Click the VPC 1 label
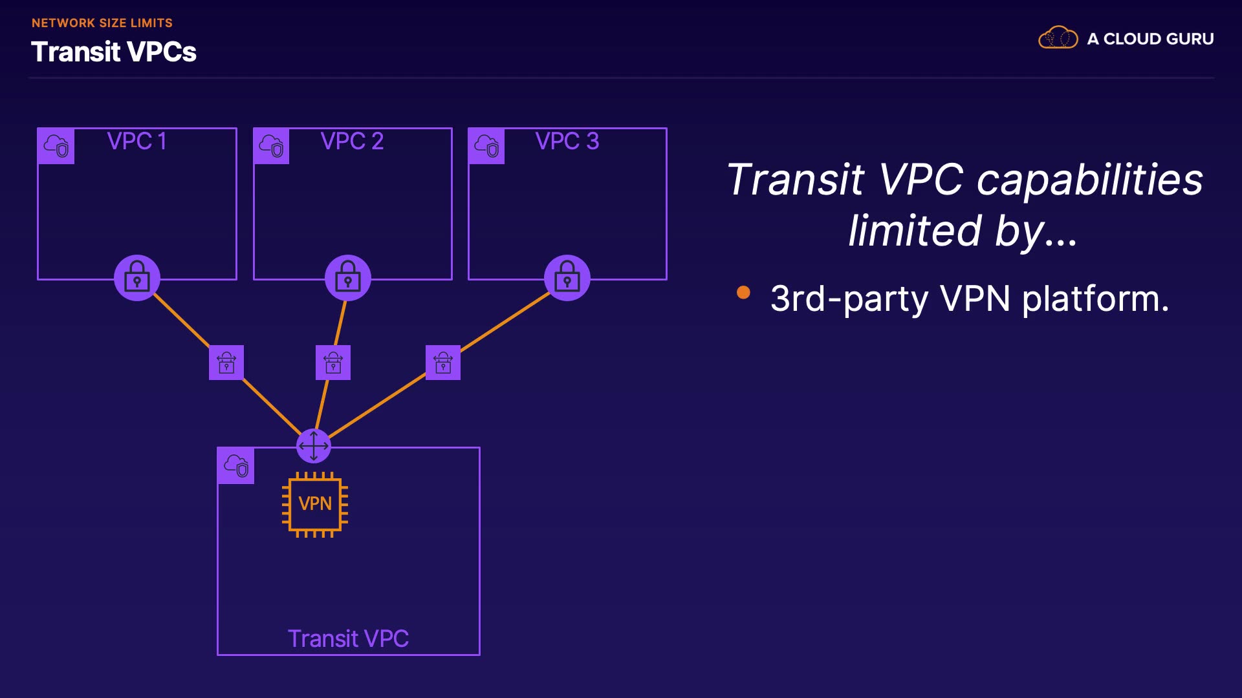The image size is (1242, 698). coord(136,141)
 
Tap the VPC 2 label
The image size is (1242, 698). coord(352,141)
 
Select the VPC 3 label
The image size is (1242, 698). coord(567,141)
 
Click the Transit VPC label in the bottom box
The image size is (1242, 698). coord(348,639)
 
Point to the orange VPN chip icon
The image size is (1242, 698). coord(315,504)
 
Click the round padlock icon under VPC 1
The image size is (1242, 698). coord(137,278)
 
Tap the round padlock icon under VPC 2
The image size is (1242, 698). coord(348,278)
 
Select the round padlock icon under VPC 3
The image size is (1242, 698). coord(567,278)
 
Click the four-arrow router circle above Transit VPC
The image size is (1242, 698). coord(314,446)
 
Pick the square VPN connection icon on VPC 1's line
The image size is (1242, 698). coord(226,363)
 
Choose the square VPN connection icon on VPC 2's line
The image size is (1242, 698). coord(333,363)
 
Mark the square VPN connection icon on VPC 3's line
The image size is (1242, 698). coord(443,363)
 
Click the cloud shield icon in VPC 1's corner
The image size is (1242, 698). coord(56,146)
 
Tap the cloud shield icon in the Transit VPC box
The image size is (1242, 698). coord(236,465)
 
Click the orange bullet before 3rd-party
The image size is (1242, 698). coord(743,293)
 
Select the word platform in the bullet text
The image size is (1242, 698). coord(1096,299)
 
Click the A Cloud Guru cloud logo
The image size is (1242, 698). coord(1058,38)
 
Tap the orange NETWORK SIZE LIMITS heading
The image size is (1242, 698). coord(102,23)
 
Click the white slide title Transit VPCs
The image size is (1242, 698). coord(114,52)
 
